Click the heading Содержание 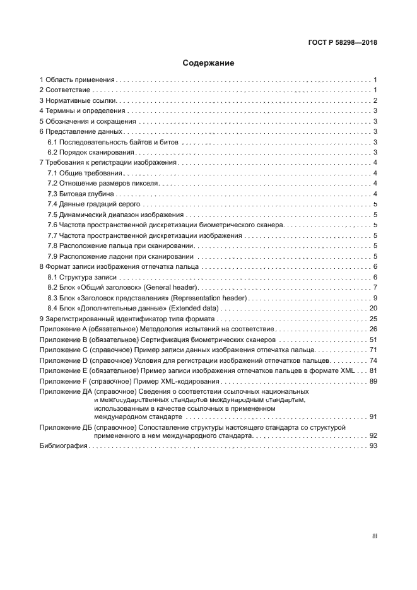coord(208,63)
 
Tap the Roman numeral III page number coord(374,536)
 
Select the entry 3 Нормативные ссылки coord(78,101)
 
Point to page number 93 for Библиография coord(373,446)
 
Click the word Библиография coord(63,446)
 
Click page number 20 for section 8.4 coord(373,308)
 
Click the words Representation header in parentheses coord(211,298)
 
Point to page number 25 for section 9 coord(373,319)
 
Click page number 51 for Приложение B coord(373,339)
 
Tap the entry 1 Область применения coord(77,80)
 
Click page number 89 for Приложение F coord(373,381)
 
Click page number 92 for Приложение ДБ coord(373,435)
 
